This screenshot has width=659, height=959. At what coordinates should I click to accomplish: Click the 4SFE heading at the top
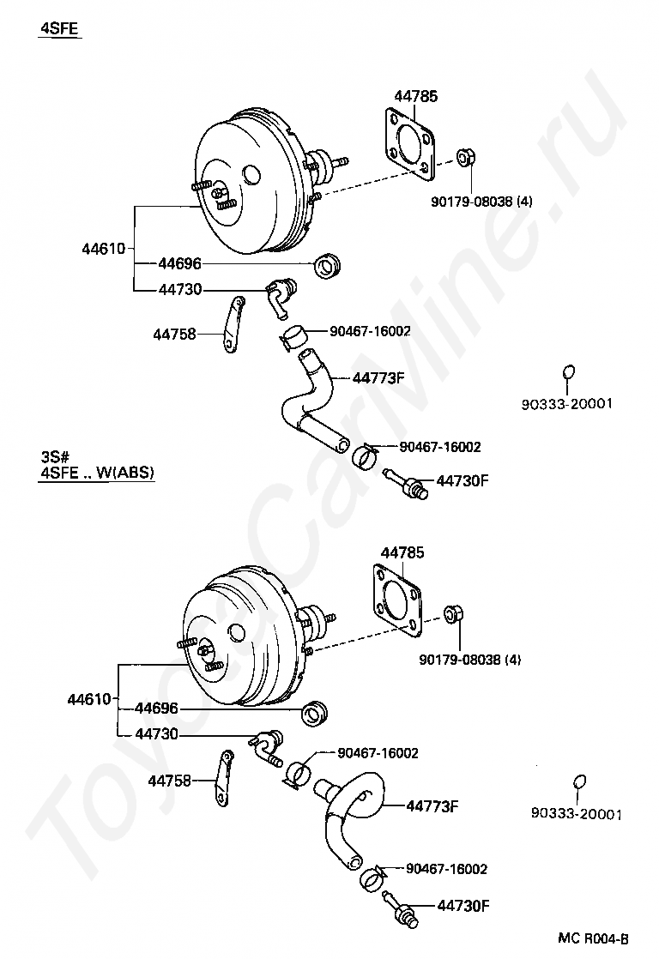tap(58, 29)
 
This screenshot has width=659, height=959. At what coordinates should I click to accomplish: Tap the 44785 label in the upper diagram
tap(416, 96)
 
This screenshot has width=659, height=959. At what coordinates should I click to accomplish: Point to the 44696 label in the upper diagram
tap(180, 263)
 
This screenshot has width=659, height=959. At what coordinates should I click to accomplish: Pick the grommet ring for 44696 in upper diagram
tap(328, 266)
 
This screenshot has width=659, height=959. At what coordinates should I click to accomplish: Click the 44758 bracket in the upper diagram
tap(232, 325)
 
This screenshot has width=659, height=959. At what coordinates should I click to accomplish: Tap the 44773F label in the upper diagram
tap(378, 378)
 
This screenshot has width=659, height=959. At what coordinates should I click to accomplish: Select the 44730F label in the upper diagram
tap(463, 480)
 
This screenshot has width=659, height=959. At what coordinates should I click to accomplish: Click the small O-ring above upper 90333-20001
tap(568, 372)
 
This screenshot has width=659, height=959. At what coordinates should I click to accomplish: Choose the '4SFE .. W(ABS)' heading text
tap(97, 473)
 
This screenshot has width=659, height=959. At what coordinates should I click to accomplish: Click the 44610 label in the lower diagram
tap(88, 699)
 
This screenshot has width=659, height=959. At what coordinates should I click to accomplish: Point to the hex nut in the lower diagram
tap(453, 613)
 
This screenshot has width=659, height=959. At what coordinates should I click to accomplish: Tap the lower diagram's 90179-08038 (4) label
tap(470, 660)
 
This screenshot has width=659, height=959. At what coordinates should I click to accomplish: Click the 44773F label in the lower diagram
tap(432, 806)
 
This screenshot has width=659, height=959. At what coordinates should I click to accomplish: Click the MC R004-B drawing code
tap(593, 938)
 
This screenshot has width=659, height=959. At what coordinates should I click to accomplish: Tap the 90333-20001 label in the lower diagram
tap(577, 814)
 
